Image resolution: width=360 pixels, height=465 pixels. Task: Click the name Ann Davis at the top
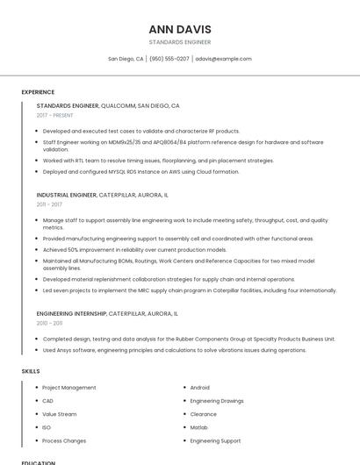(180, 29)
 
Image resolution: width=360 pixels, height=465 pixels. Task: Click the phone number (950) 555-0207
(169, 59)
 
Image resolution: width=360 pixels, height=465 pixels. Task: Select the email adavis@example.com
(223, 59)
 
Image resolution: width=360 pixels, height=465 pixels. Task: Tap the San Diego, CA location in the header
(126, 59)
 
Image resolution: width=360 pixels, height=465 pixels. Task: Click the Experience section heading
(38, 92)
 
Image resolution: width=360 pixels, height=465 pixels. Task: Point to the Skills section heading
(31, 371)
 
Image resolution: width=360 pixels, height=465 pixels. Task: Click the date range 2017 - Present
(55, 115)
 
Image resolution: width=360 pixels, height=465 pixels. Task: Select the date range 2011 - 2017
(49, 204)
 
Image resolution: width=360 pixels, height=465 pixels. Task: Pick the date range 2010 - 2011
(49, 323)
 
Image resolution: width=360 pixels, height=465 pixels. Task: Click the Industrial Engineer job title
(67, 195)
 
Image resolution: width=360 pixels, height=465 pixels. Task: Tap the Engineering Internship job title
(72, 313)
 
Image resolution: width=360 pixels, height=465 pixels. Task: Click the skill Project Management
(69, 387)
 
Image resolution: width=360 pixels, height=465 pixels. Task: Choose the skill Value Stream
(60, 414)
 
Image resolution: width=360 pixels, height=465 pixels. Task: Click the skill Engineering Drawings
(217, 401)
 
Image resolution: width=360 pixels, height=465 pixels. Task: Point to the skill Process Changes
(64, 440)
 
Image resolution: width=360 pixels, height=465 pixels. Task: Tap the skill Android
(200, 387)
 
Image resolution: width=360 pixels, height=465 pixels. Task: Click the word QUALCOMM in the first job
(119, 105)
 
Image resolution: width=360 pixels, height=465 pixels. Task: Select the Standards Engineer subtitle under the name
(180, 41)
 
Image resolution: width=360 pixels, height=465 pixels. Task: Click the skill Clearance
(204, 414)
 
